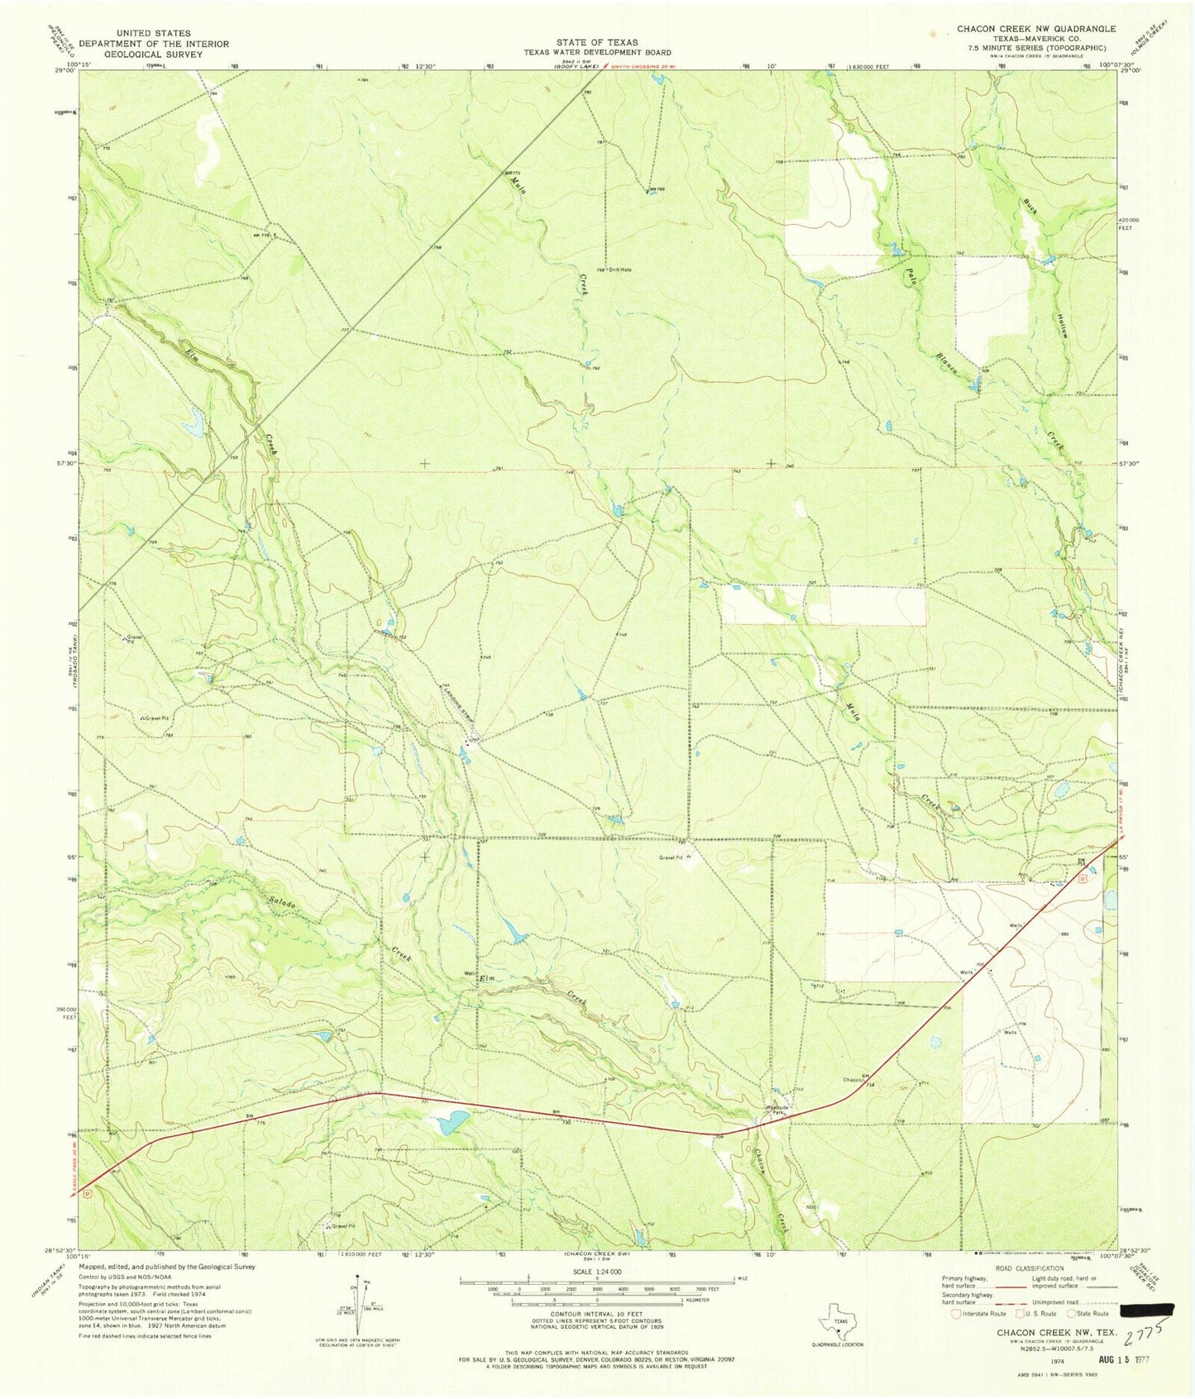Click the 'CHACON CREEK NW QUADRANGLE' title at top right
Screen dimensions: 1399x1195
pos(1035,29)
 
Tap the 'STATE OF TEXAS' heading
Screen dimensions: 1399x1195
pos(597,42)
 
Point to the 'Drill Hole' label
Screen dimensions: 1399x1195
pos(619,270)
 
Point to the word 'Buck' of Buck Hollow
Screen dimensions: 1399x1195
pos(1030,206)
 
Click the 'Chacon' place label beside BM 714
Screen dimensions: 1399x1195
pos(853,1080)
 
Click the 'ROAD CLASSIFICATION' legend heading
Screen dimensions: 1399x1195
pos(1029,1268)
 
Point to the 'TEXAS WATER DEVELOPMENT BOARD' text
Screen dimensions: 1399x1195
pos(597,52)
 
